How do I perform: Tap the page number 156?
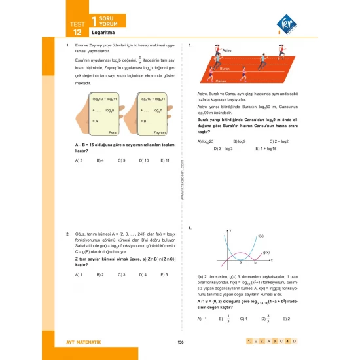pyautogui.click(x=180, y=341)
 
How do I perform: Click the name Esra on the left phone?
pyautogui.click(x=112, y=132)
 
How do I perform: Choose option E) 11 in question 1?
pyautogui.click(x=162, y=160)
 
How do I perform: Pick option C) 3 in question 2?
pyautogui.click(x=121, y=274)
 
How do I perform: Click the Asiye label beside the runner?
pyautogui.click(x=227, y=50)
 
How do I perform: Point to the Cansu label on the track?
pyautogui.click(x=221, y=81)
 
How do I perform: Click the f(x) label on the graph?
pyautogui.click(x=260, y=236)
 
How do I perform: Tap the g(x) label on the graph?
pyautogui.click(x=266, y=252)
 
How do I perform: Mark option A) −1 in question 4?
pyautogui.click(x=202, y=318)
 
